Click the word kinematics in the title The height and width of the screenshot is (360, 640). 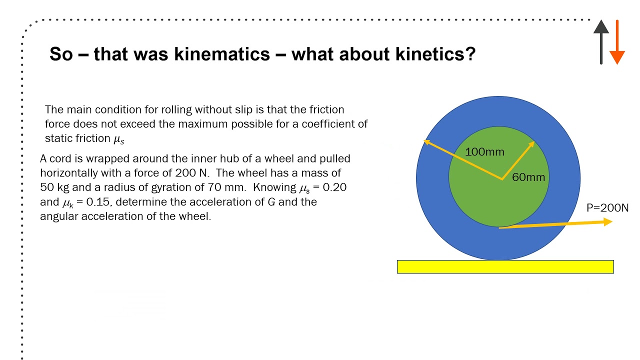222,54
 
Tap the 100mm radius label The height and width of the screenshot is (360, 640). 484,151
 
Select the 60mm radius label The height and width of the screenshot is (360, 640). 528,177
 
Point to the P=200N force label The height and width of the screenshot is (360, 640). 607,207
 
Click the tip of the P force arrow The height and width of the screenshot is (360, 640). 612,221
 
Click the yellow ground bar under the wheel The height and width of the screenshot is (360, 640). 505,266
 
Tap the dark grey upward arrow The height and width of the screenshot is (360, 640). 601,42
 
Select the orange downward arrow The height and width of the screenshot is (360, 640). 617,42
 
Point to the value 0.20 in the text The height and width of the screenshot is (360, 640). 334,187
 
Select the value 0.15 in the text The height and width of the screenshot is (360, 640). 97,202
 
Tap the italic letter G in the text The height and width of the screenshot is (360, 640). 271,202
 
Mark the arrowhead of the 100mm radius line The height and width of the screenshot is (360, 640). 426,141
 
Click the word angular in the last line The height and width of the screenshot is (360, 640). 59,216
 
